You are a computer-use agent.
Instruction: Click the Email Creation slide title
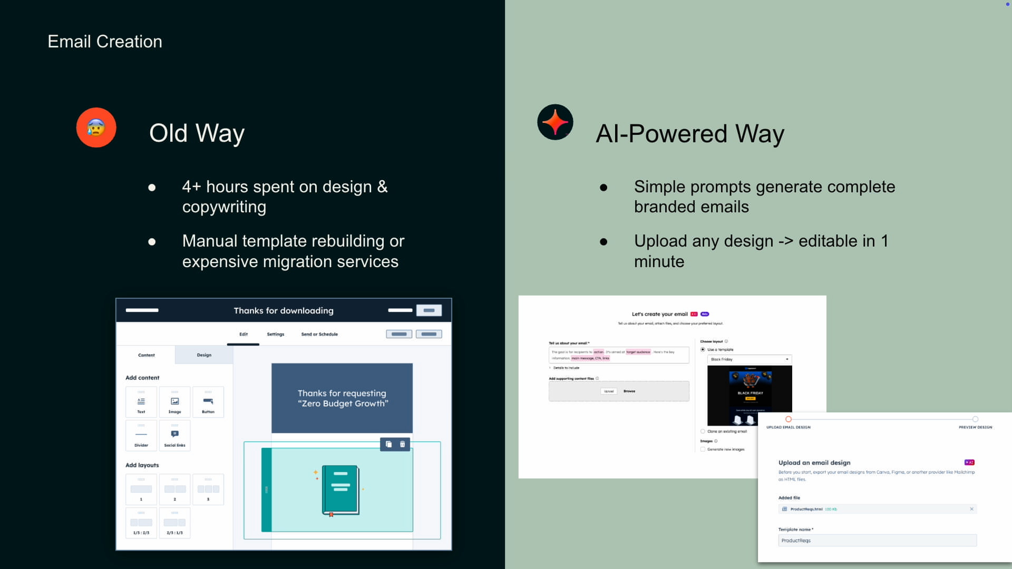105,42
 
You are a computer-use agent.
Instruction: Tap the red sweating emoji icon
96,127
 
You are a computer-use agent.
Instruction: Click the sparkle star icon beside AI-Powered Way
555,122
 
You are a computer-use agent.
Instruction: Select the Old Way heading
197,133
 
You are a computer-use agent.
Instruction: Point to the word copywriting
224,207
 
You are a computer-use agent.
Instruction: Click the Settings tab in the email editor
275,334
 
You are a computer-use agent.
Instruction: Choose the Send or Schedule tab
319,334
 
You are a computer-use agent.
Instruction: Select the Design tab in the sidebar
204,355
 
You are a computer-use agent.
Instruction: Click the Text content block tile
141,403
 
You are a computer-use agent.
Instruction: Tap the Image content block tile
174,403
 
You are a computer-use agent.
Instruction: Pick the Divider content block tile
141,436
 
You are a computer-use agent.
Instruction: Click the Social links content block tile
174,436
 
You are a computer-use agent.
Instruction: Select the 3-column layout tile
208,490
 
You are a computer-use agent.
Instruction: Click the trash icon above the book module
403,444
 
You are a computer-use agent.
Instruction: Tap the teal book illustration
340,490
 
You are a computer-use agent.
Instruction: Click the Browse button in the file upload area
629,391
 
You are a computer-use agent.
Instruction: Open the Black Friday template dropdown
750,359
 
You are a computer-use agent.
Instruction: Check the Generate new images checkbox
703,449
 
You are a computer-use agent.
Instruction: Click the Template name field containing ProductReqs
877,541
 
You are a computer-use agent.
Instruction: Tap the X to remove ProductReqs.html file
971,509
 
